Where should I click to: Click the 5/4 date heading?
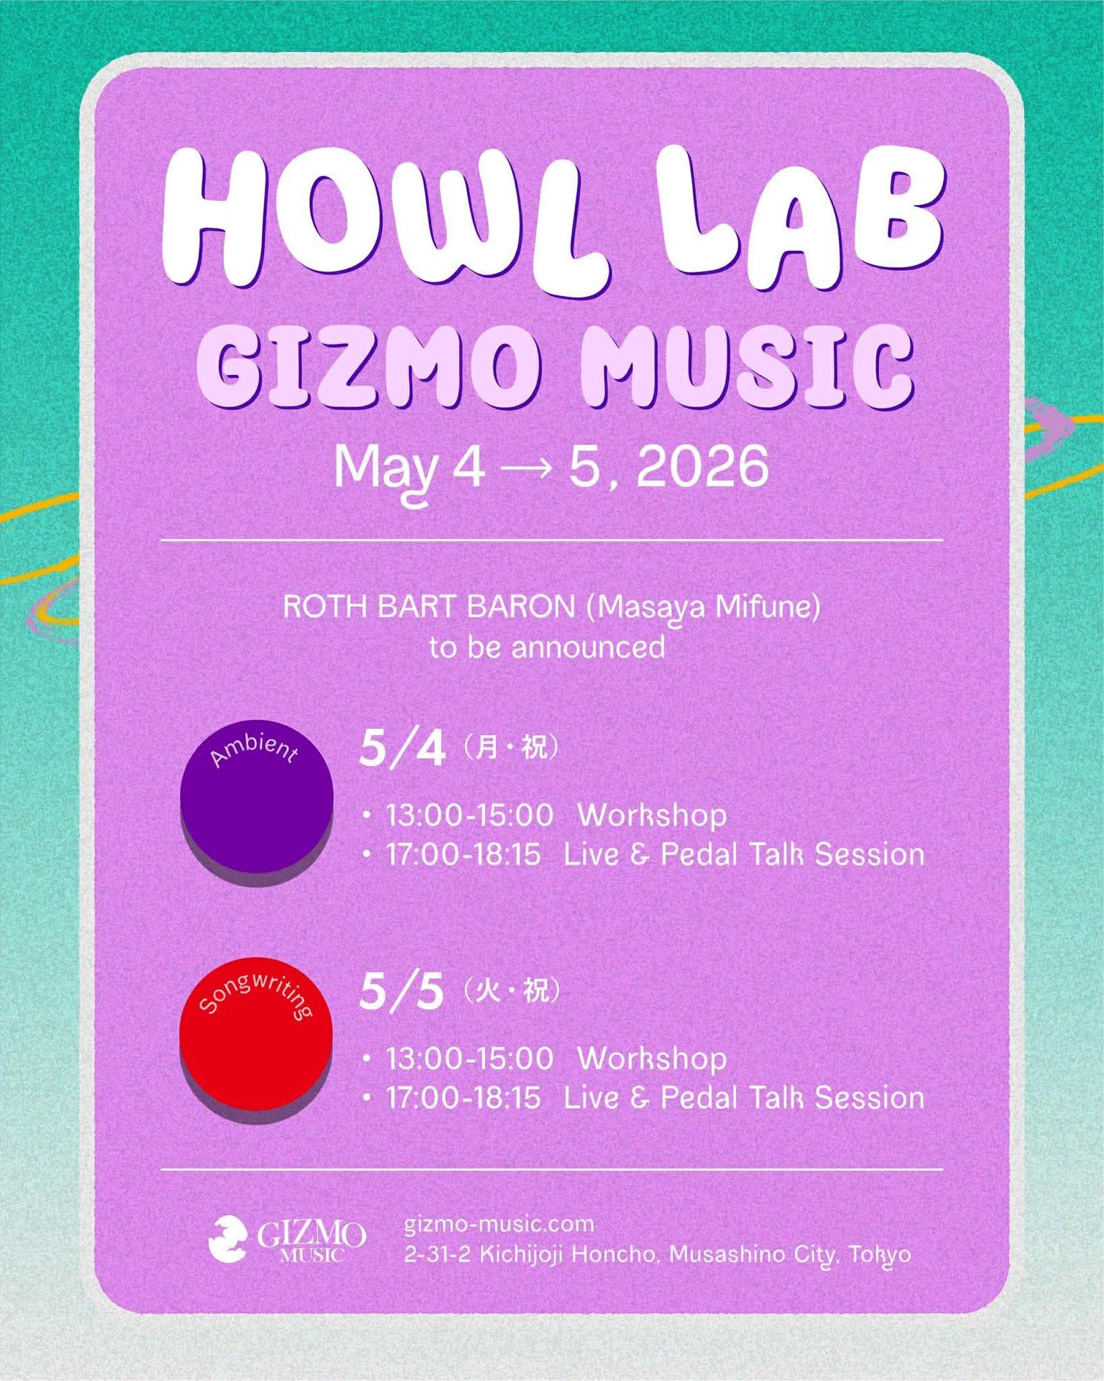pos(402,751)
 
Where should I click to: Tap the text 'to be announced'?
pos(547,648)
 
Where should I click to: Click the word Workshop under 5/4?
pos(652,815)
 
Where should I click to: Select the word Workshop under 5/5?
pos(652,1059)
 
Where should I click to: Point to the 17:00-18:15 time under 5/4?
pos(463,855)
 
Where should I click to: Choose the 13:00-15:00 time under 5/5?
pos(469,1059)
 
